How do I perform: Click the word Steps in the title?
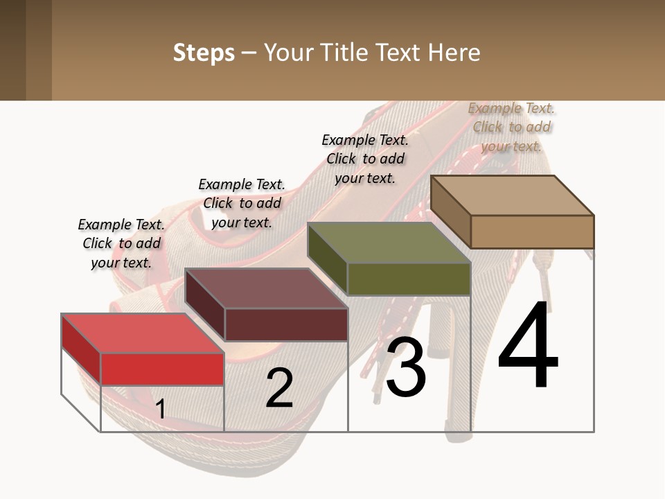click(x=204, y=53)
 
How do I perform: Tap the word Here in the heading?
click(x=454, y=53)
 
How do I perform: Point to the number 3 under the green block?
click(x=406, y=367)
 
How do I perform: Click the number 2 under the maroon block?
click(x=280, y=388)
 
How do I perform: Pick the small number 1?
click(x=161, y=410)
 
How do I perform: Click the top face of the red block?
click(x=143, y=333)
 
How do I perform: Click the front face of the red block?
click(x=163, y=369)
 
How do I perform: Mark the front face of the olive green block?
click(x=409, y=279)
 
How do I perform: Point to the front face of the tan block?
click(x=532, y=231)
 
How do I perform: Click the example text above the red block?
click(x=121, y=243)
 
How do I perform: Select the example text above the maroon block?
click(x=242, y=203)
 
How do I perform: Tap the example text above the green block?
click(x=365, y=159)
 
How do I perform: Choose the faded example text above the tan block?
click(x=511, y=127)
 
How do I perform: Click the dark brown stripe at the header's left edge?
click(x=12, y=50)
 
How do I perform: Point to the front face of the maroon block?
click(x=286, y=324)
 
